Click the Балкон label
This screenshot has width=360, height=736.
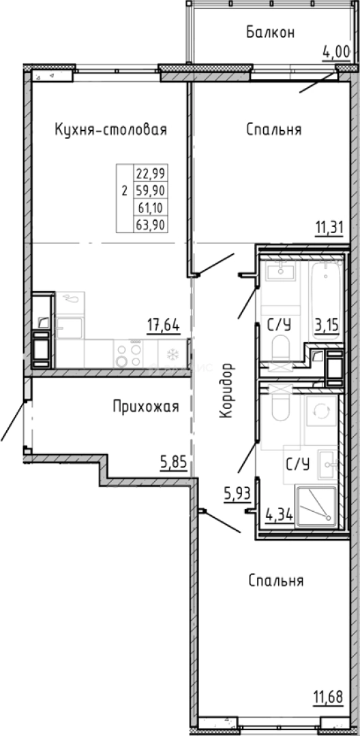click(x=271, y=32)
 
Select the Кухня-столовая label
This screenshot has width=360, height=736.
click(x=110, y=129)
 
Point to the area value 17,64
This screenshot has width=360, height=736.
click(x=164, y=326)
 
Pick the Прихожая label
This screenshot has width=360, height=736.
click(x=145, y=407)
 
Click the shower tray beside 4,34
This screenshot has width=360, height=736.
click(x=315, y=506)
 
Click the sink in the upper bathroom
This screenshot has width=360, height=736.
click(x=280, y=272)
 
